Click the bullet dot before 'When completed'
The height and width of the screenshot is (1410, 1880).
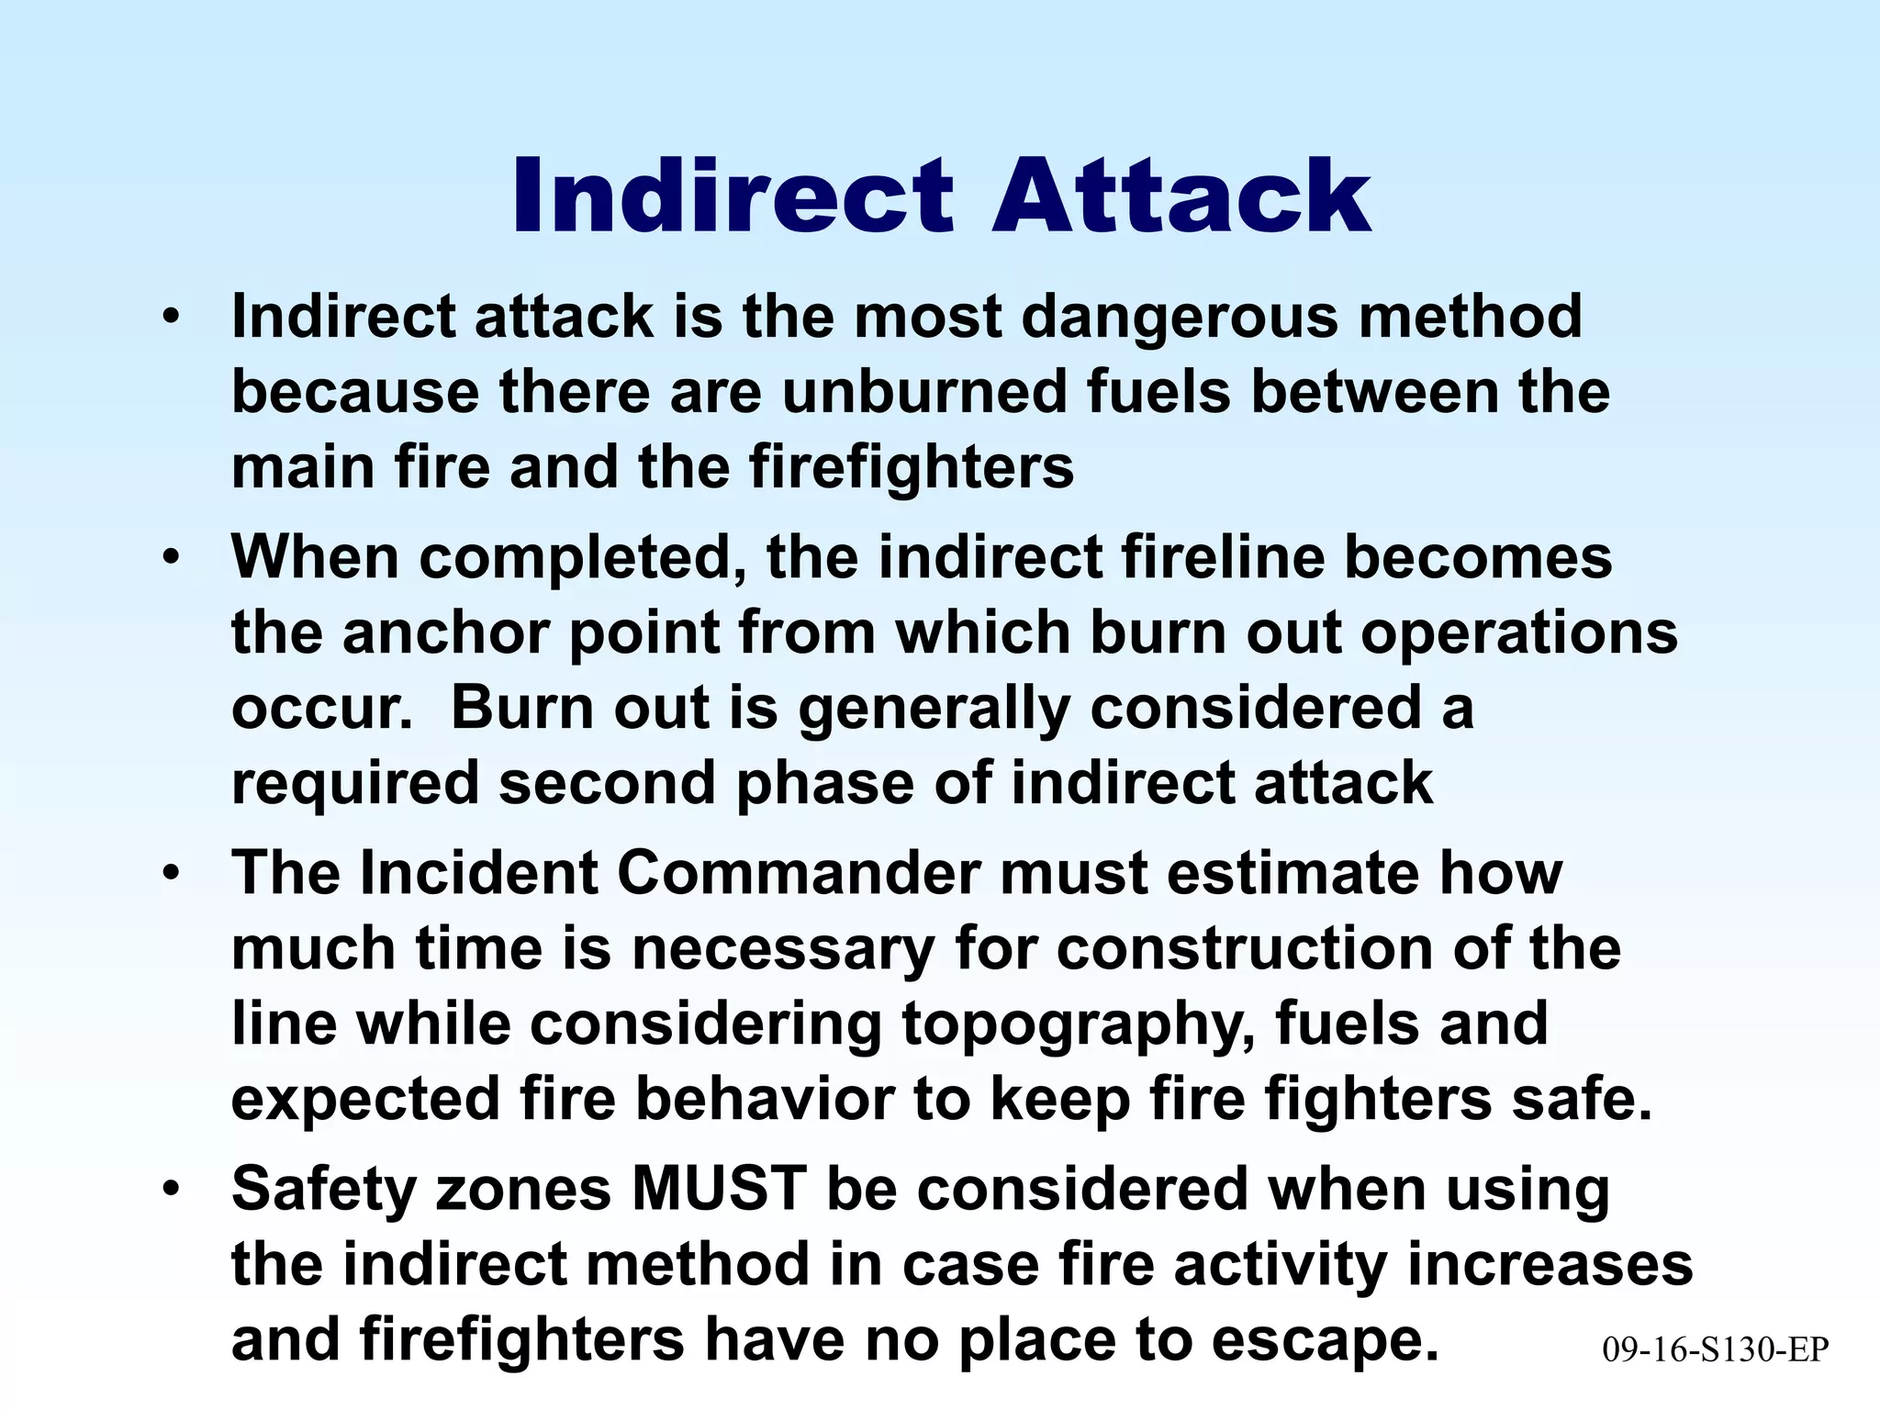tap(170, 558)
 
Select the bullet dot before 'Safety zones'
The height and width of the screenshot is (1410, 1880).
tap(170, 1190)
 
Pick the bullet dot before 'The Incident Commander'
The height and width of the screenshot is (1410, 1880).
tap(170, 873)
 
